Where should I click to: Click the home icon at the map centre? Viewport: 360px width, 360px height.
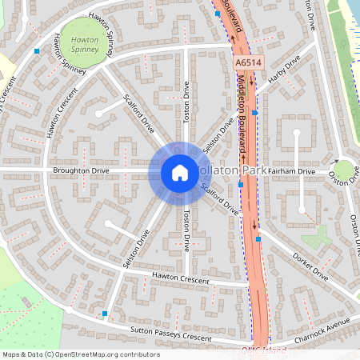[179, 172]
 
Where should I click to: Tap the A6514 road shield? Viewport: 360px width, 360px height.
[248, 62]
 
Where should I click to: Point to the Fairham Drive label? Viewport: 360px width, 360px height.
[293, 171]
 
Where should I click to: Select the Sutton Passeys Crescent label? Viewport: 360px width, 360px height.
[166, 335]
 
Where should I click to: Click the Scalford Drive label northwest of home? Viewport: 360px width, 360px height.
[138, 117]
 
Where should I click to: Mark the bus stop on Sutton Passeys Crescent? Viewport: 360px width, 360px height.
[105, 313]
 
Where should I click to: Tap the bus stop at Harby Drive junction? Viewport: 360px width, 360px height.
[255, 114]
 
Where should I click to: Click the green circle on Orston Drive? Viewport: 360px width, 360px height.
[343, 170]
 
